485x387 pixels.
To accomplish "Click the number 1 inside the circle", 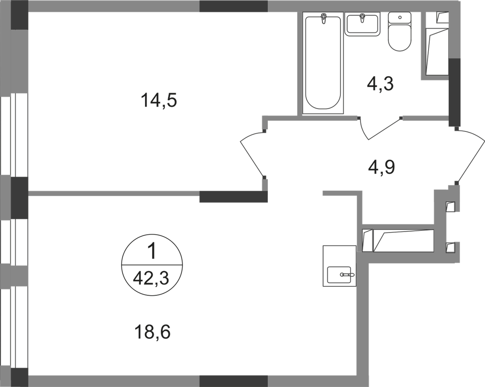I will [x=152, y=252].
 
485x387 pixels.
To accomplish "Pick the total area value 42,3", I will [x=153, y=278].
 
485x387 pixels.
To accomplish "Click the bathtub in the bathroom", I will [x=323, y=63].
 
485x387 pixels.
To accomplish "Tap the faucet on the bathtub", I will [x=323, y=19].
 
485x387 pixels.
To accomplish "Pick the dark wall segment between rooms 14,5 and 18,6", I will [x=234, y=197].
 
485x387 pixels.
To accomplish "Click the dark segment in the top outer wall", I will [x=233, y=6].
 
